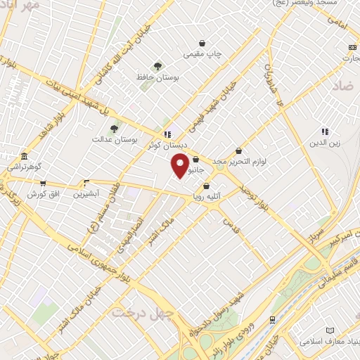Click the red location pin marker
181,165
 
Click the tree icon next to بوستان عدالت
114,128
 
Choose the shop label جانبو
195,169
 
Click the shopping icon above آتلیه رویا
206,186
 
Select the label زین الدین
325,143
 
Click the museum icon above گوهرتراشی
25,155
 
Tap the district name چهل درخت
134,310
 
